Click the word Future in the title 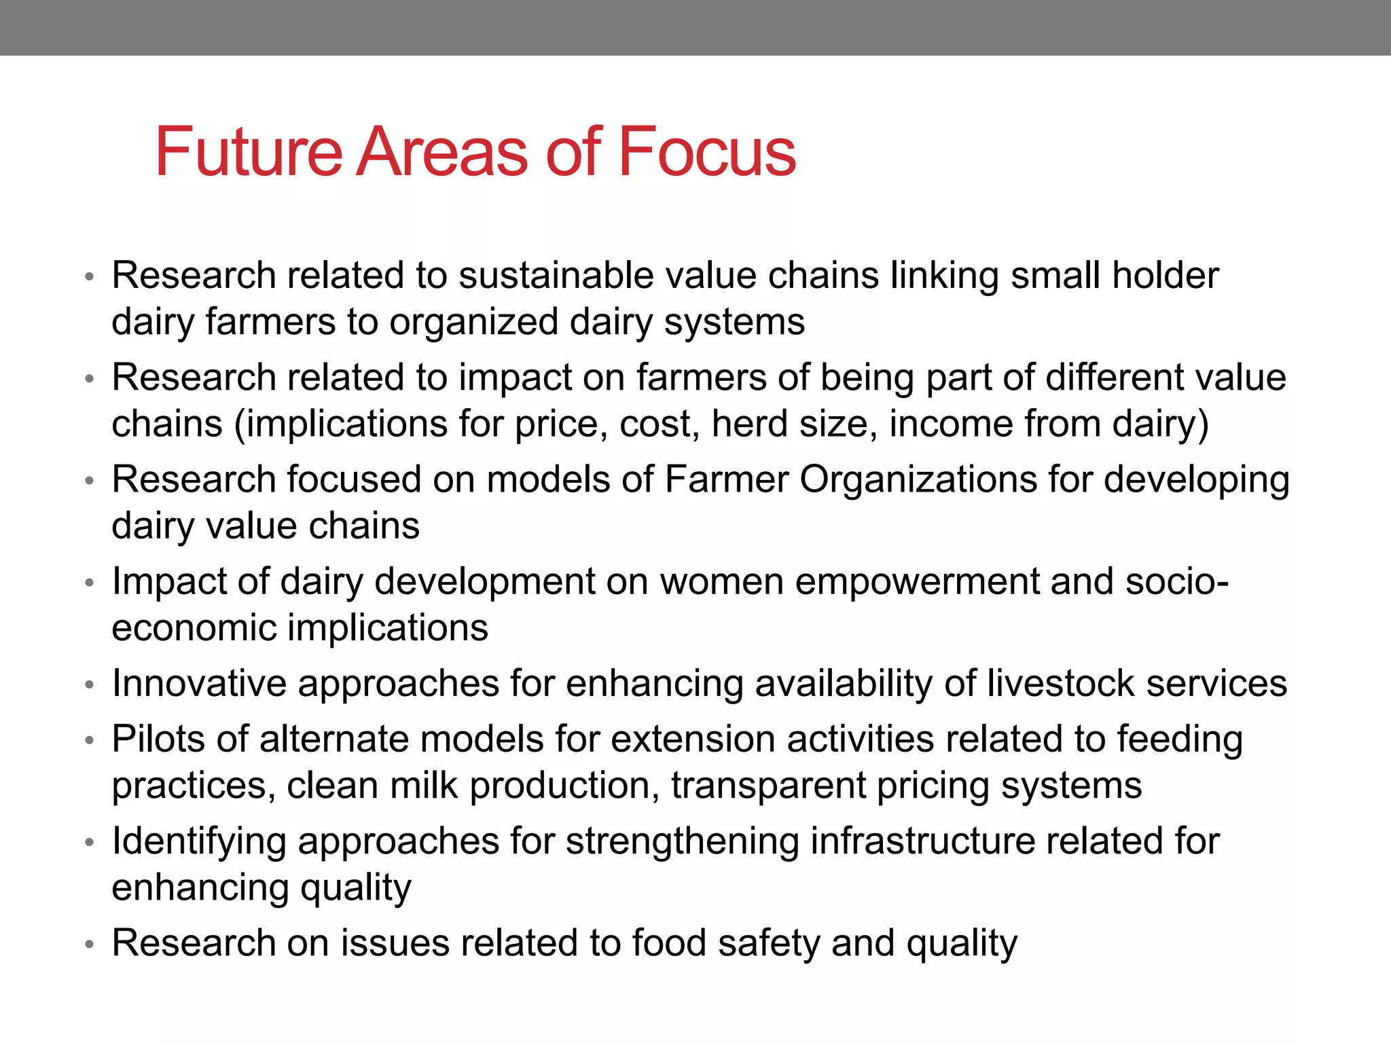pyautogui.click(x=248, y=152)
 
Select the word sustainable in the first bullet pyautogui.click(x=556, y=276)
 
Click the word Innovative pyautogui.click(x=199, y=683)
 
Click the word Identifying pyautogui.click(x=199, y=841)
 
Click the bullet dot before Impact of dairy pyautogui.click(x=89, y=583)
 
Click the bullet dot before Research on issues pyautogui.click(x=89, y=945)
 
